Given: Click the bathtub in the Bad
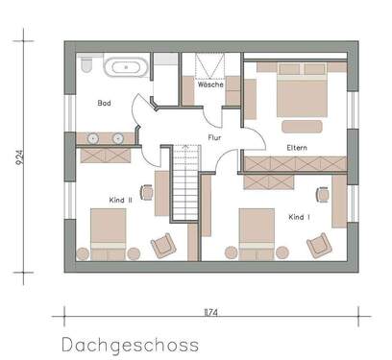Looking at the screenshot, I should coord(126,68).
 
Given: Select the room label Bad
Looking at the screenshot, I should coord(105,102).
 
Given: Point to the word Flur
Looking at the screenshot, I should coord(215,137).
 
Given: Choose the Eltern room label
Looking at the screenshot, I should coord(297,147).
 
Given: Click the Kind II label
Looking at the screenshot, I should coord(120,199).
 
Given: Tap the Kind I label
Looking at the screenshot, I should coord(299,218).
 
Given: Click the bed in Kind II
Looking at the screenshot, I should coord(107,230).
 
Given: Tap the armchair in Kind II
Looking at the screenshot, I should coord(164,244).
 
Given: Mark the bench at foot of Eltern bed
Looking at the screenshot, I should coord(304,125).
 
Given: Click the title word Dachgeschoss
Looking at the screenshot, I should coord(129,342).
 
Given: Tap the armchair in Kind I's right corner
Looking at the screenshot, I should coord(315,246).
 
